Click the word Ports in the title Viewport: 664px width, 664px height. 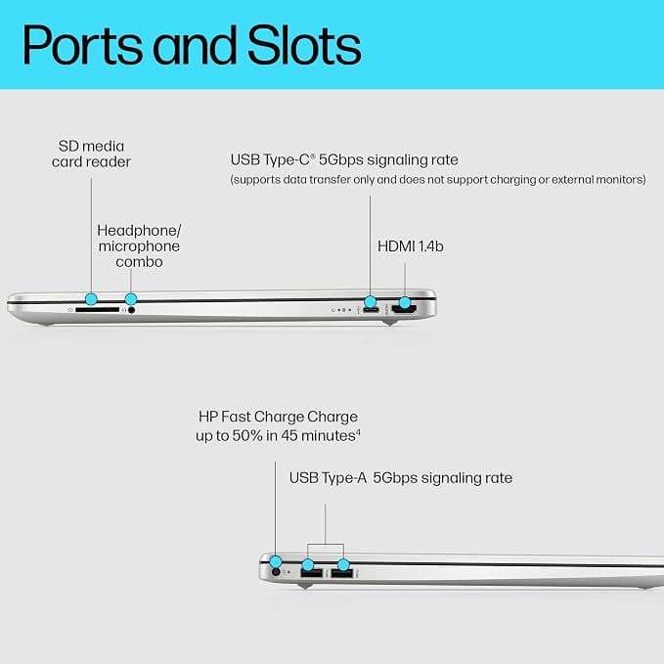(82, 45)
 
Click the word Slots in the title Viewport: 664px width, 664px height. (304, 45)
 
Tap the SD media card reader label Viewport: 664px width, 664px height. (91, 154)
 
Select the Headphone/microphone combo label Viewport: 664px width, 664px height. (139, 246)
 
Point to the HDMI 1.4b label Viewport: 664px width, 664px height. (411, 246)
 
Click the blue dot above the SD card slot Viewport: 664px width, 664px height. (91, 298)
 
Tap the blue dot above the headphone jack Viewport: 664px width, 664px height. (131, 298)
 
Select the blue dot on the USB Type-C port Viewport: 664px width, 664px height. (370, 302)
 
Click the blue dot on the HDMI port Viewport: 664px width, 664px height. (405, 302)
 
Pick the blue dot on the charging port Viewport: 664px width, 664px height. (275, 561)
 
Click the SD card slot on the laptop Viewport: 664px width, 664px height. (98, 310)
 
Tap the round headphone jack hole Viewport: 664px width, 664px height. (131, 310)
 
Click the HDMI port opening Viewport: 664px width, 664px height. (404, 310)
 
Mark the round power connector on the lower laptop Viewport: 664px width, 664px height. (276, 572)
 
